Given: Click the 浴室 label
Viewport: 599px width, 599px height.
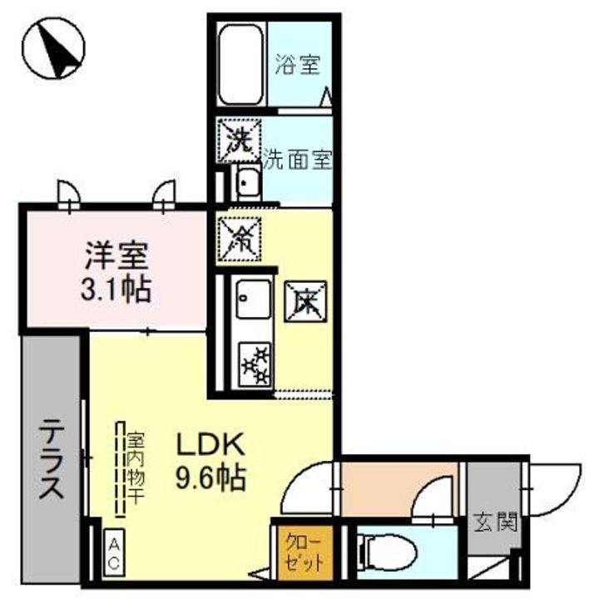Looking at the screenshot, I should pyautogui.click(x=297, y=65).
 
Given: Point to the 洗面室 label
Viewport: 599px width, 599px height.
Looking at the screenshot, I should pyautogui.click(x=298, y=161).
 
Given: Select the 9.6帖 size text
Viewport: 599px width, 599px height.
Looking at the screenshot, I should pyautogui.click(x=209, y=478).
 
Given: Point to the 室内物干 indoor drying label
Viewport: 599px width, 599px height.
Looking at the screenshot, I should pyautogui.click(x=133, y=470).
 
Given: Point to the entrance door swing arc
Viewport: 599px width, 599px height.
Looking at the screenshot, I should pyautogui.click(x=553, y=491).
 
